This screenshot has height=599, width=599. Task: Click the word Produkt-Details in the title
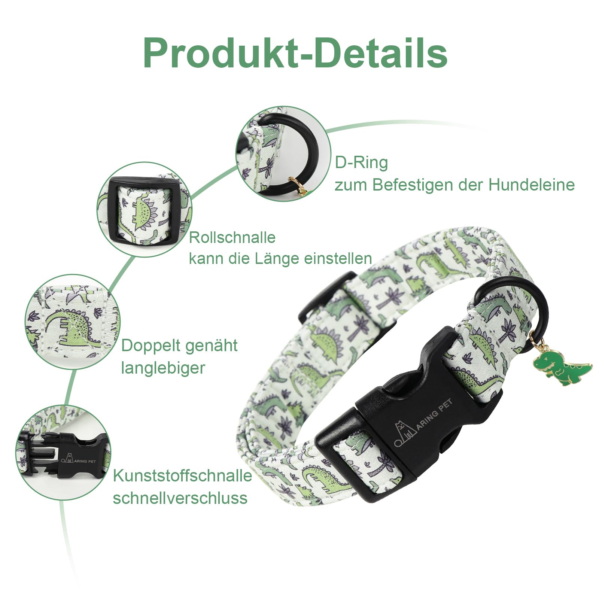[295, 53]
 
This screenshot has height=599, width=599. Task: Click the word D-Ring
[361, 162]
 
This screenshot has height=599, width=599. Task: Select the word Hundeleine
[532, 185]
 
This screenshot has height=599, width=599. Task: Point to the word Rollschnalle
[232, 237]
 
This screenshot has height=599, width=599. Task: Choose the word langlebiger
[163, 368]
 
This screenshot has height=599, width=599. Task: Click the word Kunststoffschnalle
[183, 476]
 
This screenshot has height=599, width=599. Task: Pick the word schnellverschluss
[180, 498]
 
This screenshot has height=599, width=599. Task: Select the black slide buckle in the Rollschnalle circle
[145, 210]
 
